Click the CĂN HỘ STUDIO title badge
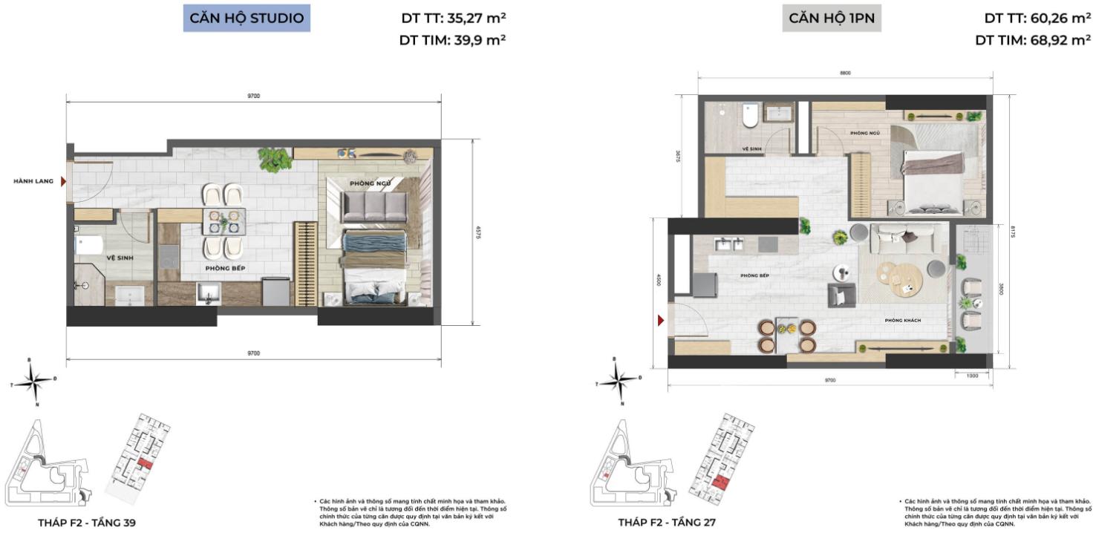tap(247, 19)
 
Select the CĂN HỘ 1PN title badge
tap(831, 19)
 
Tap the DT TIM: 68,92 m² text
tap(1032, 41)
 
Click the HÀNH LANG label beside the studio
tap(33, 180)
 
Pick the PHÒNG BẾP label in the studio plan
tap(226, 267)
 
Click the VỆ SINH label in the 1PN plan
tap(753, 148)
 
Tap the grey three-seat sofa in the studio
tap(374, 206)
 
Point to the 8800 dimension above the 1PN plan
tap(844, 73)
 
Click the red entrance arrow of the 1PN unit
tap(660, 321)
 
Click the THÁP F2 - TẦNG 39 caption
tap(87, 523)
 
